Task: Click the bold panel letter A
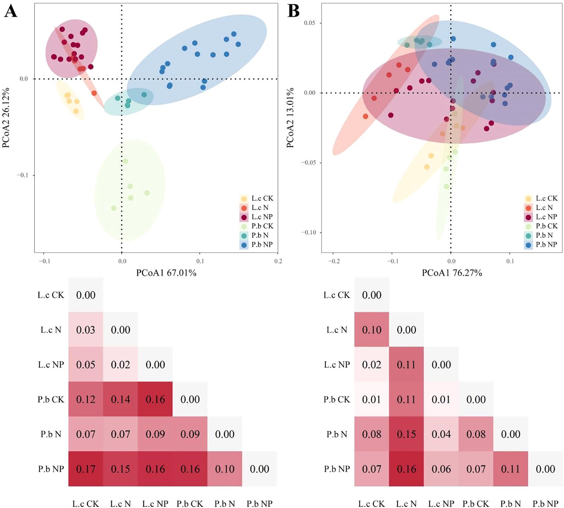coord(11,12)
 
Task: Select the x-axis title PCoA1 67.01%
coord(166,273)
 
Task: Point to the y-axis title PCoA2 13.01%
coord(290,118)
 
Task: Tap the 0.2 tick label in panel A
coord(278,261)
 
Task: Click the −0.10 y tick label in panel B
coord(309,232)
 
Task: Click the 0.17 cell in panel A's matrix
coord(86,469)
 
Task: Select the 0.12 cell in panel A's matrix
coord(86,399)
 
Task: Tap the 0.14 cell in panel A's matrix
coord(121,399)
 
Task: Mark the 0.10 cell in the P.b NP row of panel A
coord(225,469)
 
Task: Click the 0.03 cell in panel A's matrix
coord(86,330)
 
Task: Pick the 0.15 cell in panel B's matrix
coord(406,434)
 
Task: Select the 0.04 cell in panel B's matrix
coord(441,434)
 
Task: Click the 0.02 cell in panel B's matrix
coord(372,365)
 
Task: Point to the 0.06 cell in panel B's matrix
coord(441,469)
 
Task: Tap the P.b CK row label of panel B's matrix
coord(336,399)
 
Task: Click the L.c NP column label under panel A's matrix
coord(155,504)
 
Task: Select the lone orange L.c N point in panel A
coord(94,93)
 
